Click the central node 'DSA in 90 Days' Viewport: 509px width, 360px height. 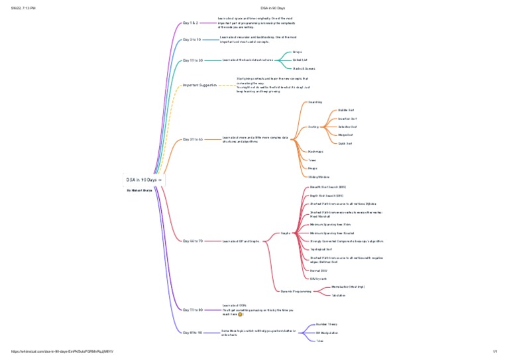coord(142,180)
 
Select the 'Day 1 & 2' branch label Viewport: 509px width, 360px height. coord(190,23)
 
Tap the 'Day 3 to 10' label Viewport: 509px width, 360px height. coord(192,40)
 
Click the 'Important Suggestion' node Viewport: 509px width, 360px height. coord(199,86)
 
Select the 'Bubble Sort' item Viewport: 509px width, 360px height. coord(347,110)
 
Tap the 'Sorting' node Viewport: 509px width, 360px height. coord(313,127)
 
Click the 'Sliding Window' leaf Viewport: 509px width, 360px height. coord(319,177)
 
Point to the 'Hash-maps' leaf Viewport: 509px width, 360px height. coord(315,152)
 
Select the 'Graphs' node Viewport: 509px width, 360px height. coord(286,233)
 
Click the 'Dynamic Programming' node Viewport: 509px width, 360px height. coord(295,291)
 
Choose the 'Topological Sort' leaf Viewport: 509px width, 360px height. coord(325,249)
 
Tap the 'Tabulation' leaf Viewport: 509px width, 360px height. coord(339,295)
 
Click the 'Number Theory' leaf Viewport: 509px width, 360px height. coord(327,324)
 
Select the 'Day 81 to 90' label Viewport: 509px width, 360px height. coord(192,332)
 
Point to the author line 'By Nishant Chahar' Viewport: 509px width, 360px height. coord(140,190)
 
